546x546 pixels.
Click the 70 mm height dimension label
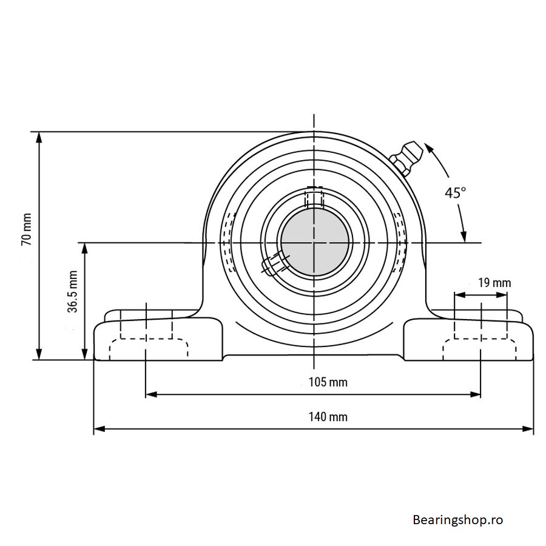pyautogui.click(x=27, y=229)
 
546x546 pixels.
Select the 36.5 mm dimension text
pyautogui.click(x=73, y=291)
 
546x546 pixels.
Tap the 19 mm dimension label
pyautogui.click(x=494, y=283)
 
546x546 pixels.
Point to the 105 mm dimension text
pyautogui.click(x=328, y=382)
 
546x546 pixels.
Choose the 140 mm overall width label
pyautogui.click(x=328, y=417)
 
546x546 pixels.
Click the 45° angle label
pyautogui.click(x=455, y=192)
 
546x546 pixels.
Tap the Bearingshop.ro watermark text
pyautogui.click(x=458, y=521)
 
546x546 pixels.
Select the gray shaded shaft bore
pyautogui.click(x=314, y=242)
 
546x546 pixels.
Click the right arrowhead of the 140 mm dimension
pyautogui.click(x=528, y=429)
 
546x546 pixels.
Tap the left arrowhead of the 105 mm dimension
pyautogui.click(x=151, y=394)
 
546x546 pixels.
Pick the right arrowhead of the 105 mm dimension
pyautogui.click(x=475, y=394)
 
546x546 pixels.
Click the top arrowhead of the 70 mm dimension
pyautogui.click(x=39, y=138)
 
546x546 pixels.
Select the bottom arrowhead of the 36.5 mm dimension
pyautogui.click(x=84, y=354)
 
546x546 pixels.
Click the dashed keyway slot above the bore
pyautogui.click(x=314, y=197)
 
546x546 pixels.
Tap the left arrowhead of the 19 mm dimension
pyautogui.click(x=460, y=295)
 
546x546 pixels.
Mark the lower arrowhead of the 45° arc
pyautogui.click(x=463, y=237)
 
